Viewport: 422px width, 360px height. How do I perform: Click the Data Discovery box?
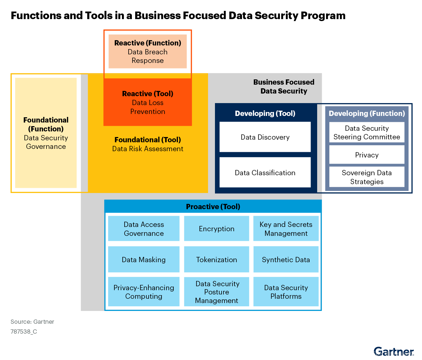point(265,137)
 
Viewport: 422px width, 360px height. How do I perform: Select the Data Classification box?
point(265,173)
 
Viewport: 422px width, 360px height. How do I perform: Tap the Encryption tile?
point(217,229)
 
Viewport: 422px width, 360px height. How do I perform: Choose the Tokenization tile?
point(217,260)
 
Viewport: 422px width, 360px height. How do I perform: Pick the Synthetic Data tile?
point(286,260)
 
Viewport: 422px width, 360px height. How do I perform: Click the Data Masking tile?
point(144,260)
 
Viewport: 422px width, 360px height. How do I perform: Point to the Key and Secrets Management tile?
point(286,229)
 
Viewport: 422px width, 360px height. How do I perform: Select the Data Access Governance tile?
point(144,229)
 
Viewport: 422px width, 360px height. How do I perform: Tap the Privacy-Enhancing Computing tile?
point(144,292)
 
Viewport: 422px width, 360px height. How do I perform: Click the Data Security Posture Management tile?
point(217,292)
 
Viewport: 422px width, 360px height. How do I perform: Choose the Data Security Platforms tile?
point(286,292)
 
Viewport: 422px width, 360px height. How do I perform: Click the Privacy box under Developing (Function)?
point(367,155)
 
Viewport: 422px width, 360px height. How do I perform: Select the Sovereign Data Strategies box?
point(367,177)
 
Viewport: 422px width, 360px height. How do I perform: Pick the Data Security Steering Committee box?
point(367,132)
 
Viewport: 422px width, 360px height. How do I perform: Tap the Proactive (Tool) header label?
point(213,207)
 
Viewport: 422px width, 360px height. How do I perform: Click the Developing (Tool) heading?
point(265,113)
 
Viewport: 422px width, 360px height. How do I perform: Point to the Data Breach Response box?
point(148,52)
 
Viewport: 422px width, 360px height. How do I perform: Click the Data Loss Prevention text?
point(148,107)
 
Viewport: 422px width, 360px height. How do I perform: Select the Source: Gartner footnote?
point(32,322)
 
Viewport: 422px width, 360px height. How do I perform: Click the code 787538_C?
point(24,332)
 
